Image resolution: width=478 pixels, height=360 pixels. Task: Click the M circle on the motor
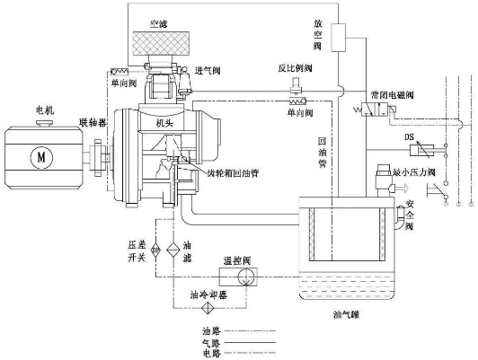tap(39, 158)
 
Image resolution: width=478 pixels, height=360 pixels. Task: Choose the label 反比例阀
tap(294, 67)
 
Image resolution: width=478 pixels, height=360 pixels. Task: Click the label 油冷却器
tap(207, 294)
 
